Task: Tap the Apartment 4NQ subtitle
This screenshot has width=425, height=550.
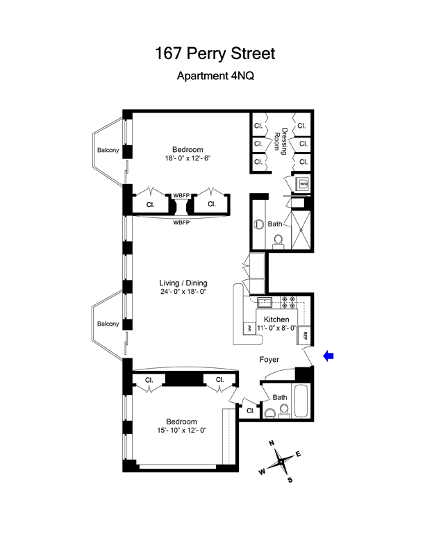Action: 212,78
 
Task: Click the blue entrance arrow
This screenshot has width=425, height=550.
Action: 329,356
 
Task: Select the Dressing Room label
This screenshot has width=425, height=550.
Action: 280,142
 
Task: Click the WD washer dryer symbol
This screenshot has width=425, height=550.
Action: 303,184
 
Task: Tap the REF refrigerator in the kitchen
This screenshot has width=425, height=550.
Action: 304,336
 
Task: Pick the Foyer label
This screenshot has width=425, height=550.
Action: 269,360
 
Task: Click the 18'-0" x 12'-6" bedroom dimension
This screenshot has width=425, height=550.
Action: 187,159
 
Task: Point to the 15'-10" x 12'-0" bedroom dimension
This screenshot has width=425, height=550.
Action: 181,431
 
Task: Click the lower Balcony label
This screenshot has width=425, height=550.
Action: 108,324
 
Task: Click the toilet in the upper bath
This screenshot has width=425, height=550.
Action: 278,240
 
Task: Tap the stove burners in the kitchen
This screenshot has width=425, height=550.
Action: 290,303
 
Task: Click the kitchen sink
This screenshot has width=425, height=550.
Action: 264,303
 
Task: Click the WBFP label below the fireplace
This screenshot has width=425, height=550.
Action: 182,222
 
